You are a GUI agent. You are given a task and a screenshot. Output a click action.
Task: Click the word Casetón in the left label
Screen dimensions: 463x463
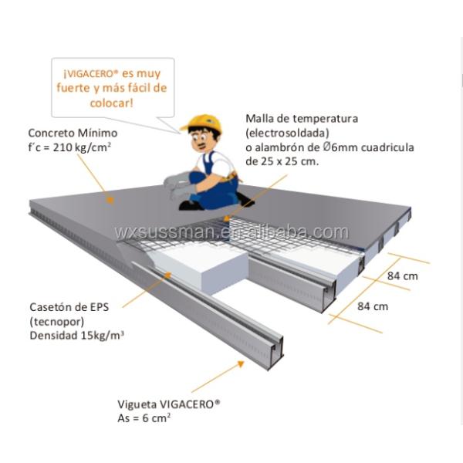[x=51, y=306]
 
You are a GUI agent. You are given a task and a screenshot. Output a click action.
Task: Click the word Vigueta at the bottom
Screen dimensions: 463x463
[x=136, y=404]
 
